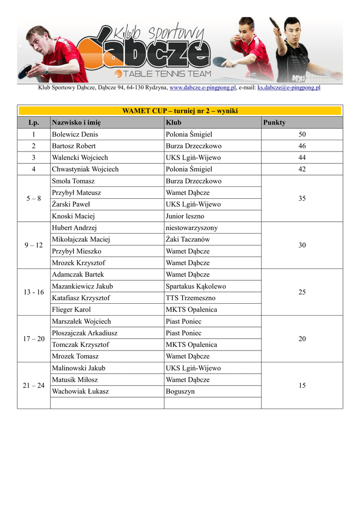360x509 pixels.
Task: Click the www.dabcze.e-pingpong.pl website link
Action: tap(202, 88)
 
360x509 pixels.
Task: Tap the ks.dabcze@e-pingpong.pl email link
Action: tap(288, 88)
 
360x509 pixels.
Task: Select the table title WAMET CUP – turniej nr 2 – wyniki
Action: tap(180, 111)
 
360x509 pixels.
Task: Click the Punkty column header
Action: tap(274, 123)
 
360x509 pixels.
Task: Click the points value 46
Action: tap(302, 146)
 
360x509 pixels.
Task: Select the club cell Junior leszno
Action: tap(185, 216)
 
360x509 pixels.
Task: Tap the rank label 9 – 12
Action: tap(34, 245)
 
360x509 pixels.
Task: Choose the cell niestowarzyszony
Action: tap(191, 228)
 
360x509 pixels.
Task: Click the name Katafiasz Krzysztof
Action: tap(81, 298)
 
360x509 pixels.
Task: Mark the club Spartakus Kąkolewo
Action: tap(196, 286)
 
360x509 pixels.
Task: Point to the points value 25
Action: tap(302, 292)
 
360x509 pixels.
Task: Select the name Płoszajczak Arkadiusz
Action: tap(85, 333)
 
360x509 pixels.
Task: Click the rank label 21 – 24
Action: tap(34, 386)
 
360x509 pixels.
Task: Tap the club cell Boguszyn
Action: tap(180, 392)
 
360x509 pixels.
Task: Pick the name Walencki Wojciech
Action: tap(80, 158)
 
